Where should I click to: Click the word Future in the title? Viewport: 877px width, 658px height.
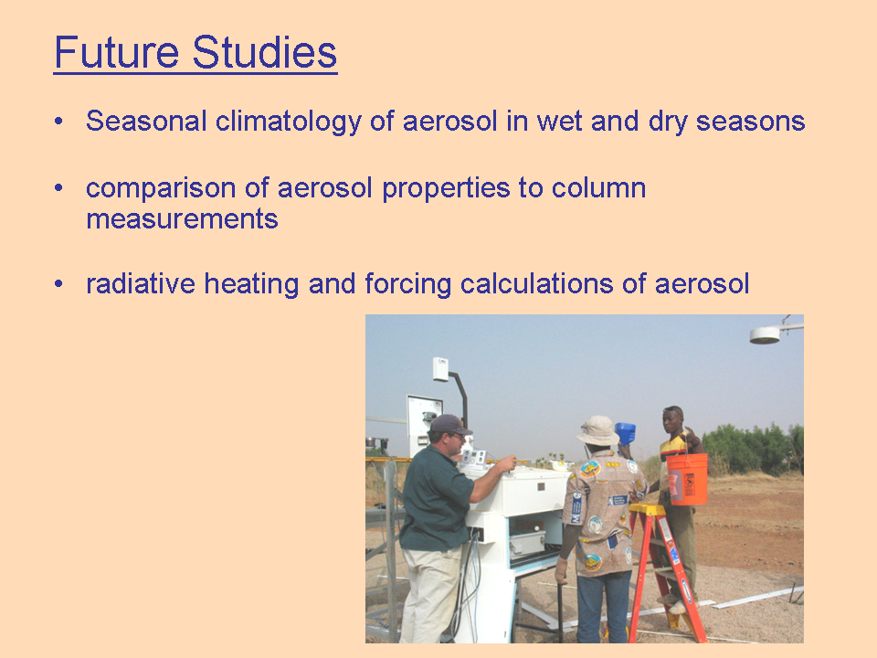click(116, 52)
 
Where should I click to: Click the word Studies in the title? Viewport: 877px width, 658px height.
click(265, 52)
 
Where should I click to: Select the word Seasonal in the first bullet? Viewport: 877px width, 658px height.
click(146, 121)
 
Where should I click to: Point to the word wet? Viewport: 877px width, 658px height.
click(559, 122)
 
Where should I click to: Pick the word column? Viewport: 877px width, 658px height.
click(598, 187)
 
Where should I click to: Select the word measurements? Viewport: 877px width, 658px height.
click(182, 218)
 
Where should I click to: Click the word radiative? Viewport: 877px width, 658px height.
click(141, 283)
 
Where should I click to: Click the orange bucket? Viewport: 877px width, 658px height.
click(686, 479)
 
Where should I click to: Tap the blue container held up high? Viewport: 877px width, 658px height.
click(625, 433)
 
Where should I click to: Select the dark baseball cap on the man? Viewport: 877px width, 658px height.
click(449, 425)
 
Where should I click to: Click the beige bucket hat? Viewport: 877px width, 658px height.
click(597, 430)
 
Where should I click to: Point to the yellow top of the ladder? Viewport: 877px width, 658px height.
click(648, 510)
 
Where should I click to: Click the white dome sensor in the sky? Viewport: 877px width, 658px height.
click(765, 334)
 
